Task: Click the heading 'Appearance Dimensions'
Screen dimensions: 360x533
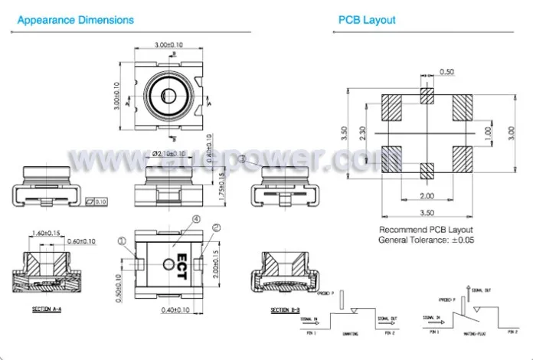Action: coord(75,20)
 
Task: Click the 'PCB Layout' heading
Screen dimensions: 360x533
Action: coord(367,20)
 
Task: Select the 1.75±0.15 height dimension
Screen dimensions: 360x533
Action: coord(220,185)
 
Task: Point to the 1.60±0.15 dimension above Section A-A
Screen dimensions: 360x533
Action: coord(47,233)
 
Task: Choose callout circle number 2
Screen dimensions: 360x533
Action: coord(216,227)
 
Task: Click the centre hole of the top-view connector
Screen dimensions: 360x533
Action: coord(166,95)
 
